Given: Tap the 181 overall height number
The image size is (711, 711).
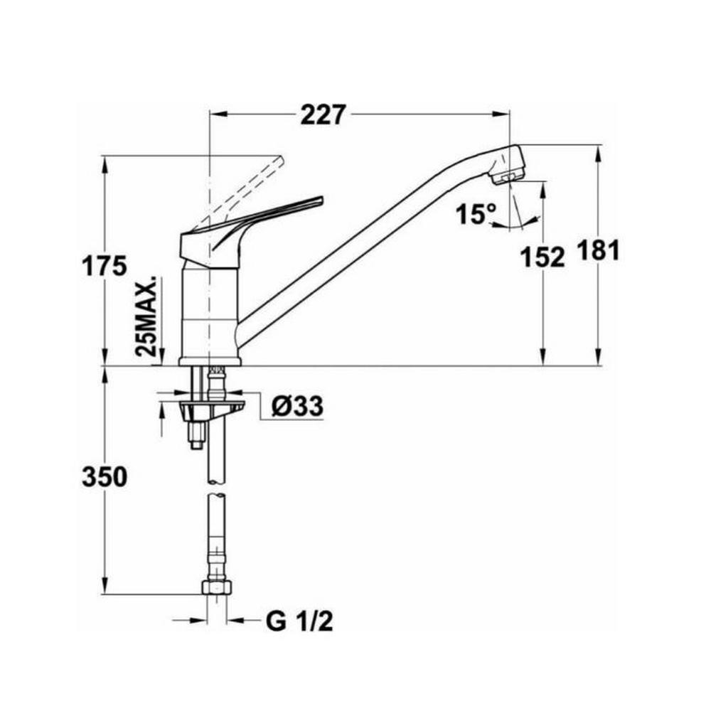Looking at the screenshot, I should tap(598, 250).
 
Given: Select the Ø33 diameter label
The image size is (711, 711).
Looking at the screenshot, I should tap(297, 406).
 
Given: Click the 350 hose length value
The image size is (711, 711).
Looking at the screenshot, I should tap(104, 477).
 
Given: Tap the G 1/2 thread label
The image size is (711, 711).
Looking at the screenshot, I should tap(299, 622).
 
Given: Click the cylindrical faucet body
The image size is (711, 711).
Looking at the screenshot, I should tap(210, 313).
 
